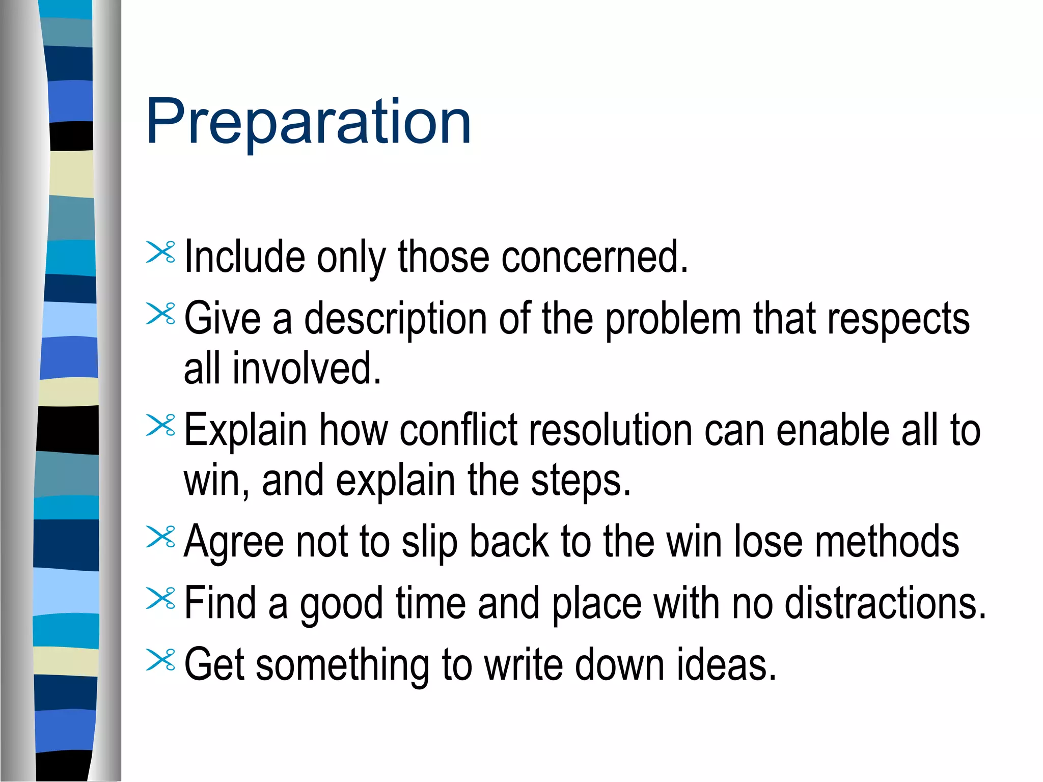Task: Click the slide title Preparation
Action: tap(309, 122)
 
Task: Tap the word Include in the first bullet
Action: tap(244, 257)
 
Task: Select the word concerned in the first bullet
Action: tap(594, 257)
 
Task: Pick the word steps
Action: tap(581, 481)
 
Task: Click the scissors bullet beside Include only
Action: tap(160, 253)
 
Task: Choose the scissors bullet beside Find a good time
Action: tap(160, 599)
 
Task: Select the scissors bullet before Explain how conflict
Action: tap(160, 426)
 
